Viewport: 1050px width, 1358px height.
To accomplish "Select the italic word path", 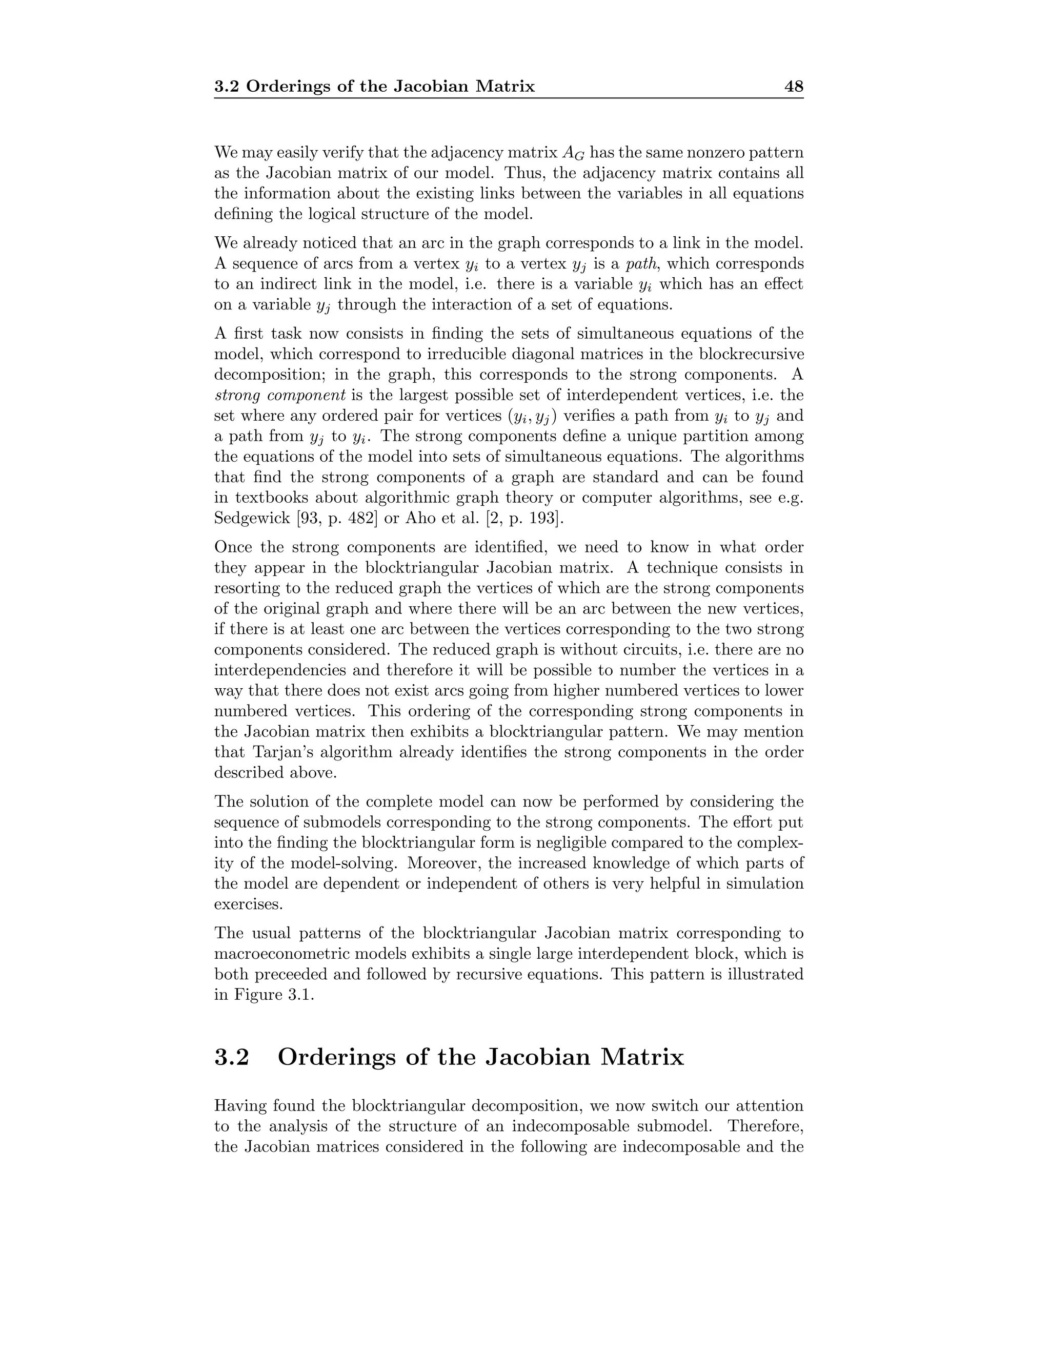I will [641, 263].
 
